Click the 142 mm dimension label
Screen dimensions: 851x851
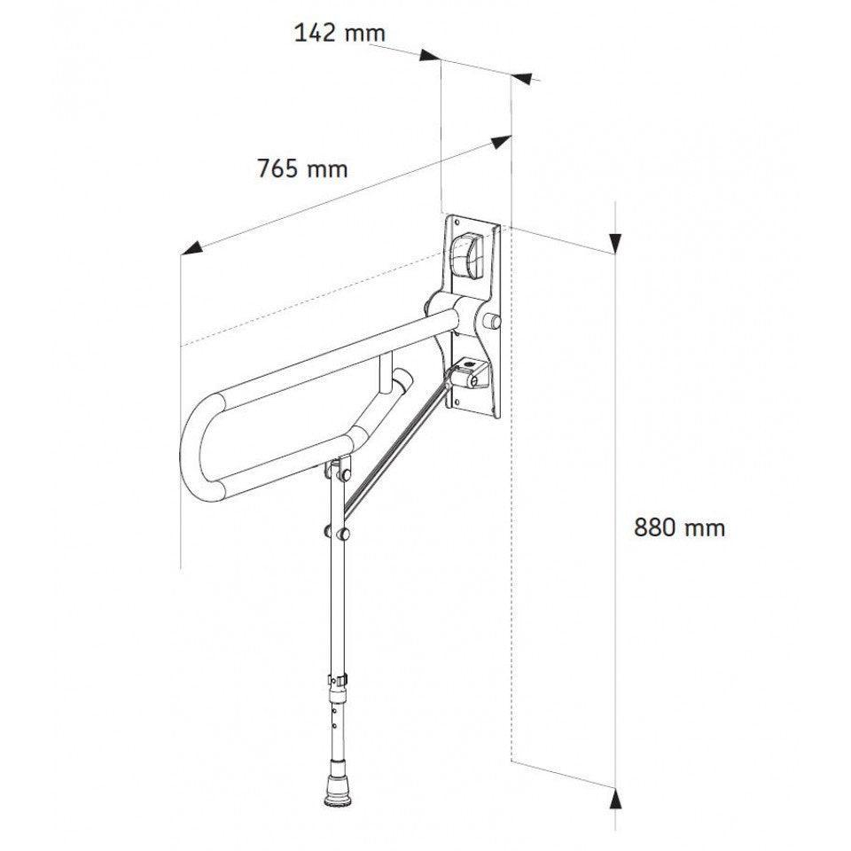[339, 33]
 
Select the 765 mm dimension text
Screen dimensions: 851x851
[302, 168]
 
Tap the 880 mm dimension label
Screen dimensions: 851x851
[679, 527]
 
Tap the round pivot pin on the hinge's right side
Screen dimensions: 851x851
[494, 319]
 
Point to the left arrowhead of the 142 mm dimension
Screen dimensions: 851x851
[431, 56]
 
